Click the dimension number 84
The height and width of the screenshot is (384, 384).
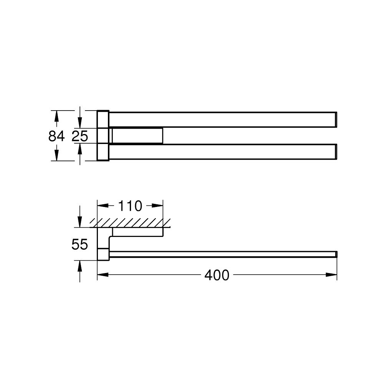pos(56,136)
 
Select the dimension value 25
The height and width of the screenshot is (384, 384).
pos(80,136)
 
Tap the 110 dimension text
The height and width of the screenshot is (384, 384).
pos(129,206)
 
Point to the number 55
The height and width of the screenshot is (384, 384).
pos(80,244)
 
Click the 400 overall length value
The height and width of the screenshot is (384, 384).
pos(217,275)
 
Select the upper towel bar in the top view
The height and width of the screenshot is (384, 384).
pos(223,119)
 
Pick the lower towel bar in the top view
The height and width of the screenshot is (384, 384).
pos(223,152)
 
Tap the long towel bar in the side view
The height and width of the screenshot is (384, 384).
pos(223,254)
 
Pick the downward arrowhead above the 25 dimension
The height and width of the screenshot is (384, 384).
pos(80,123)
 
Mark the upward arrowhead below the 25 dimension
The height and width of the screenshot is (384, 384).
pos(80,149)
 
